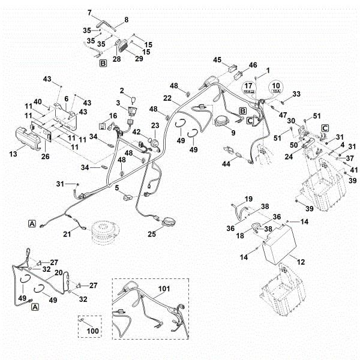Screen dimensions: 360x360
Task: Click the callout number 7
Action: tap(91, 12)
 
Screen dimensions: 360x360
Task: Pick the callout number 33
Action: tap(296, 94)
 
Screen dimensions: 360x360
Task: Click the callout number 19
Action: tap(249, 199)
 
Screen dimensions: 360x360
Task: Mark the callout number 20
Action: tap(58, 272)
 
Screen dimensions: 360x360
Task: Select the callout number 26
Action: tap(46, 157)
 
